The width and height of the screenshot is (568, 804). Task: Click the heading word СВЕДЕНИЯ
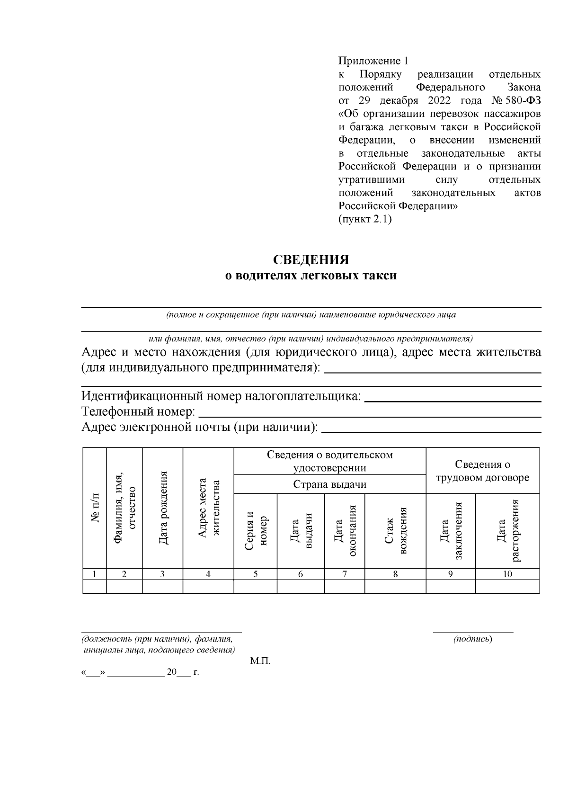point(311,260)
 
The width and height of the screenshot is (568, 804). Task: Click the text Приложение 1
point(373,61)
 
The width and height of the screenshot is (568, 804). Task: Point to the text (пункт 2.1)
point(365,219)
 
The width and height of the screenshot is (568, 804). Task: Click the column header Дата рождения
point(163,508)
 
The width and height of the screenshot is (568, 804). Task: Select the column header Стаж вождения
point(396,530)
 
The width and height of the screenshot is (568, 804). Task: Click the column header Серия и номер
point(256,530)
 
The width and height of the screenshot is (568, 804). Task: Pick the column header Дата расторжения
point(507,530)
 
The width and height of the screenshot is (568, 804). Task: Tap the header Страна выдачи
point(329,484)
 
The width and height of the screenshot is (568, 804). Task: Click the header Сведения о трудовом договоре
point(482,471)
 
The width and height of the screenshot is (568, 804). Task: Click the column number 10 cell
point(507,574)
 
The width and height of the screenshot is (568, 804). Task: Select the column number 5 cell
point(256,574)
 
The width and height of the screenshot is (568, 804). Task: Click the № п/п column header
point(95,508)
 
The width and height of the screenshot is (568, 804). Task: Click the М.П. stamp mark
point(260,661)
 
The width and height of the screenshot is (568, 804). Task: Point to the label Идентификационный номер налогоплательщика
point(222,396)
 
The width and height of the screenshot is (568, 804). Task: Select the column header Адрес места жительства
point(208,508)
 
